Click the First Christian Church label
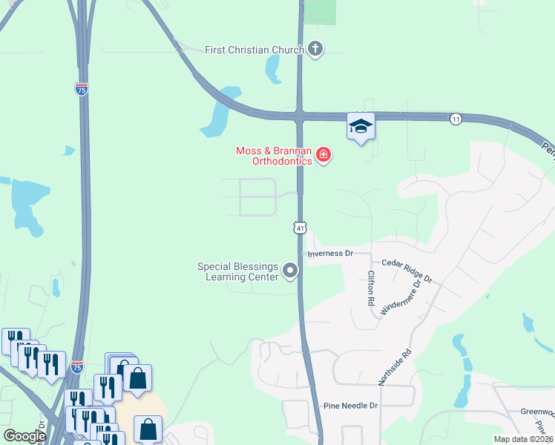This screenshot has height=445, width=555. tap(254, 50)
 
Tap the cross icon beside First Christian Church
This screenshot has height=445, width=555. tap(315, 50)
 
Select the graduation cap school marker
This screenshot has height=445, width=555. tap(361, 127)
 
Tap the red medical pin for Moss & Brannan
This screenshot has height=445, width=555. tap(323, 155)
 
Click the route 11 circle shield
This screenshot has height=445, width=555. tap(456, 119)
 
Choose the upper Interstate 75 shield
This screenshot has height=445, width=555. tap(82, 89)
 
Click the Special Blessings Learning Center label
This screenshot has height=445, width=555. tap(237, 271)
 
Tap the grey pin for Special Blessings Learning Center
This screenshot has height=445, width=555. tap(290, 271)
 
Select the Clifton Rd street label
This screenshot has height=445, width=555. tap(370, 288)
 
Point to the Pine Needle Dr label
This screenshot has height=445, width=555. tap(351, 406)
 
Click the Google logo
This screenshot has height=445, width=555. tap(24, 436)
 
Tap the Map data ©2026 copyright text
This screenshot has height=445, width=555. tap(523, 439)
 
